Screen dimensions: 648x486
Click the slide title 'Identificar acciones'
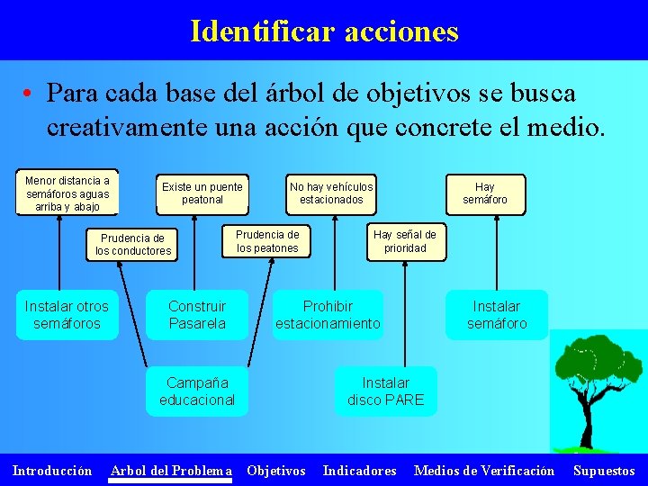(324, 31)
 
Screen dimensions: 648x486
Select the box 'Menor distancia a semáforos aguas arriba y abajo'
(67, 193)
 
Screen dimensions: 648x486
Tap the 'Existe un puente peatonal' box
(202, 193)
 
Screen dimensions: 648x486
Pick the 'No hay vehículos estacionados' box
(331, 193)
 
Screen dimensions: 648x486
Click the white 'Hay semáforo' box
(485, 193)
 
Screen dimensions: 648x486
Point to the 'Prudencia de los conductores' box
(133, 245)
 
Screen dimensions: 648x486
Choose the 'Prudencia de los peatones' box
(267, 241)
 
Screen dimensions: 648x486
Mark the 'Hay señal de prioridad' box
(405, 241)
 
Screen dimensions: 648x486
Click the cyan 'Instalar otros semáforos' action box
(67, 315)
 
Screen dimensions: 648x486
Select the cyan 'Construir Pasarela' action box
(197, 315)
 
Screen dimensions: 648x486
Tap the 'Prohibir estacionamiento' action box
(328, 315)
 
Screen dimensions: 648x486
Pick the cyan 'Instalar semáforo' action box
(496, 315)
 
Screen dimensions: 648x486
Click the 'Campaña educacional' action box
(197, 391)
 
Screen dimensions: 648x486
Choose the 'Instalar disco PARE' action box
(385, 391)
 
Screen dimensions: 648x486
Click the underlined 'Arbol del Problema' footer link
(170, 471)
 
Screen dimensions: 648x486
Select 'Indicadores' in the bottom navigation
(359, 471)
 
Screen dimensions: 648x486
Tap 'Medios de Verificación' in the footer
(483, 471)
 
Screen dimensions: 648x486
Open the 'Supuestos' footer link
(604, 471)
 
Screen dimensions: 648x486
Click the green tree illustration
(594, 387)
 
